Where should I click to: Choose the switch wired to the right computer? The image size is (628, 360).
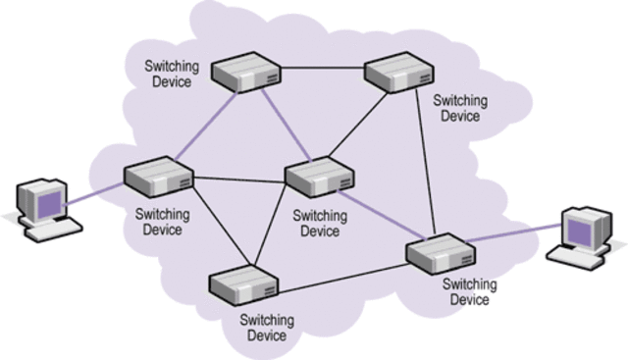(x=441, y=254)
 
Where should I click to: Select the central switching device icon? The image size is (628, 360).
(x=320, y=176)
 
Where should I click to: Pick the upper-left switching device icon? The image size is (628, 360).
(x=246, y=72)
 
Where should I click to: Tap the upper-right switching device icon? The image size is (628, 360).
(x=398, y=72)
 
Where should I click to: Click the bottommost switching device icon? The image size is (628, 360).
(x=243, y=283)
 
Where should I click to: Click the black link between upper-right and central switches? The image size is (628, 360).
(x=360, y=124)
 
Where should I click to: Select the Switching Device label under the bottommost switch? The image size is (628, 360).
(x=264, y=328)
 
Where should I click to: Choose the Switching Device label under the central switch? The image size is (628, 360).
(x=320, y=224)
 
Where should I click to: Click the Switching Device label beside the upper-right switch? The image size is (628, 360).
(x=459, y=108)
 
